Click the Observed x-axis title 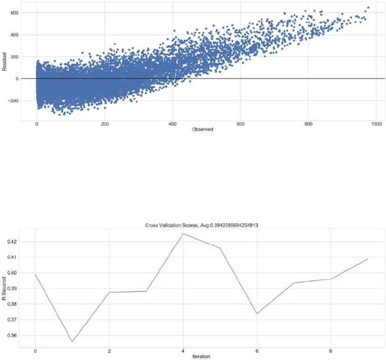[x=202, y=130]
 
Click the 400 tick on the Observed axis [x=173, y=124]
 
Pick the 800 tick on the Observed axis [x=308, y=124]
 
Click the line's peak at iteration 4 [x=183, y=234]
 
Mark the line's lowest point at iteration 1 [x=72, y=342]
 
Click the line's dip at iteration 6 [x=257, y=314]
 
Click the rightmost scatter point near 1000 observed [x=368, y=7]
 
